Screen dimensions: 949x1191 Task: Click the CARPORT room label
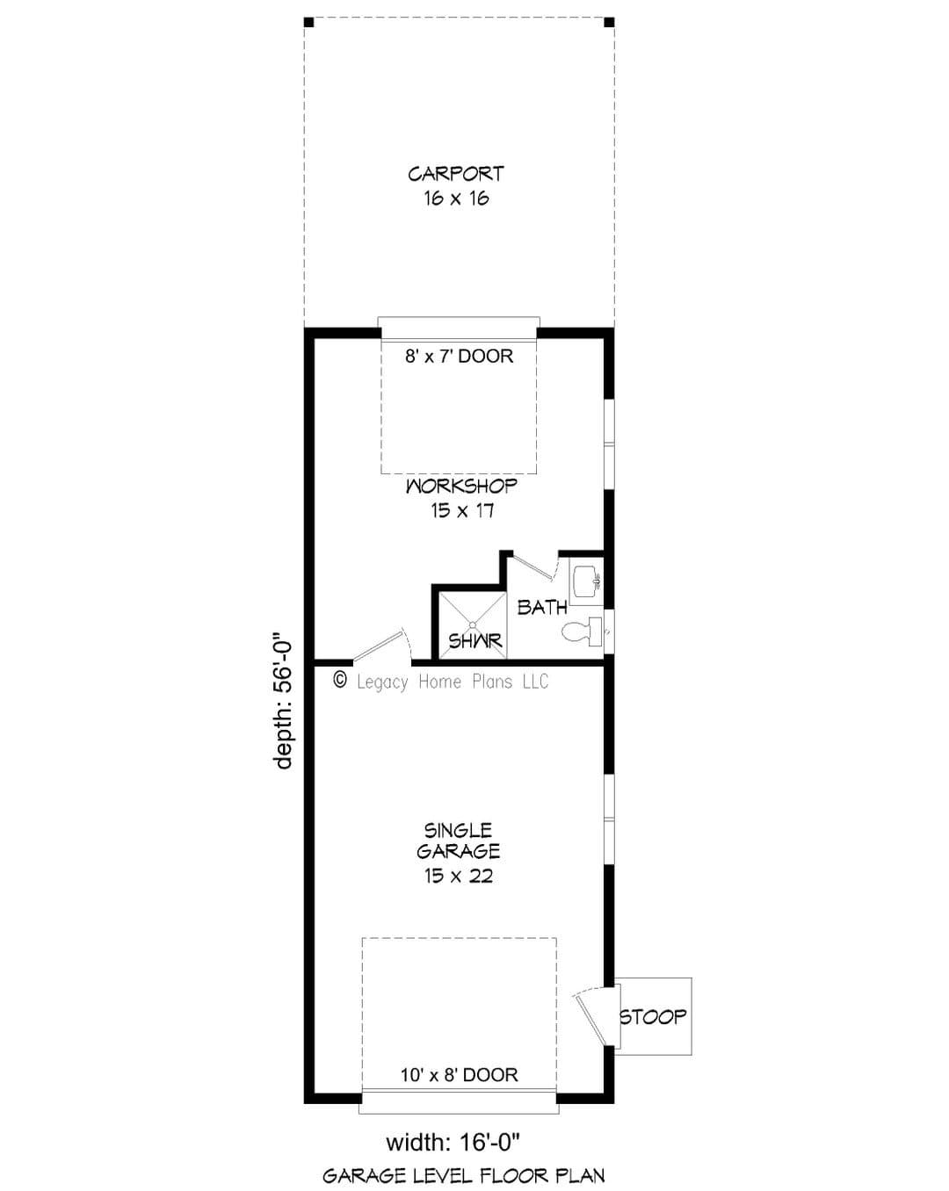(x=456, y=174)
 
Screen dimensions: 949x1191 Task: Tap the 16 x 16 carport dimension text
(x=457, y=198)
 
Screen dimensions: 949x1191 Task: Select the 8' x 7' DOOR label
(x=459, y=356)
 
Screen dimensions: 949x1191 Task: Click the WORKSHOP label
(x=462, y=487)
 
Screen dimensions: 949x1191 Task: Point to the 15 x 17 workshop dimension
(x=462, y=510)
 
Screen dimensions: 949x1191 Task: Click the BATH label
(x=543, y=608)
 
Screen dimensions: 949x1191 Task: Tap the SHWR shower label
(x=475, y=641)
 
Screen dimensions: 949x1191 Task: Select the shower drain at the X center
(x=473, y=624)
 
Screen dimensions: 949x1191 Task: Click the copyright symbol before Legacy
(x=341, y=679)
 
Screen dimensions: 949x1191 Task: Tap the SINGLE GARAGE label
(x=458, y=841)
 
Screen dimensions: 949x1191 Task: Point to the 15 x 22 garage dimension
(x=459, y=876)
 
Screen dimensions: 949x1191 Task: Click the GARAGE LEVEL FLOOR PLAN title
(x=463, y=1175)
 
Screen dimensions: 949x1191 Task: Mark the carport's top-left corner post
(x=309, y=22)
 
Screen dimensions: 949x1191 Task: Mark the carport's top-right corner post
(x=609, y=22)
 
